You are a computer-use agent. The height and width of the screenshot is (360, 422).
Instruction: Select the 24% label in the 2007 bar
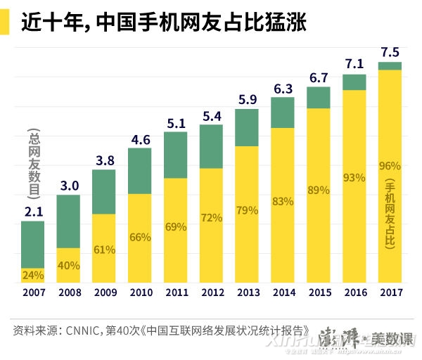tap(32, 275)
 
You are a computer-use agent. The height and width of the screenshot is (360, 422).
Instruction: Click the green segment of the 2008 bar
tap(68, 221)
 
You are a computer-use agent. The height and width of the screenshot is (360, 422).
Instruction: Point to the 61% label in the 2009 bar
tap(104, 250)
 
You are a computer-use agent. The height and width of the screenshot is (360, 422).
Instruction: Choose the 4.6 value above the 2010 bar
tap(140, 139)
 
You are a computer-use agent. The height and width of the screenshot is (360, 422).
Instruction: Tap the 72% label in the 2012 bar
tap(211, 217)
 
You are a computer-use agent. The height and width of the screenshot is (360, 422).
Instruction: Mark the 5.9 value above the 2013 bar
tap(247, 99)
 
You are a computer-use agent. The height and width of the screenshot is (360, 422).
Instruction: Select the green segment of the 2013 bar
tap(247, 127)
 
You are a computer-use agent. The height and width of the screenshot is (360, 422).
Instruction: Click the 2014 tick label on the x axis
tap(283, 292)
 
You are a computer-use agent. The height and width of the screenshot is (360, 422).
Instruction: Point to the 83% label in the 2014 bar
tap(283, 202)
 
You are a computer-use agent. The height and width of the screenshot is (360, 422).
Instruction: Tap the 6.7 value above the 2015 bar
tap(319, 77)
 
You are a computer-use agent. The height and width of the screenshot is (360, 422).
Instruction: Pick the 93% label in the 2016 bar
tap(354, 179)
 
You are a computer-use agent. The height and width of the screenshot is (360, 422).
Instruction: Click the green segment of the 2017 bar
tap(390, 66)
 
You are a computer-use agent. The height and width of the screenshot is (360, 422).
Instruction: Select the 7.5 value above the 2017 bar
tap(390, 52)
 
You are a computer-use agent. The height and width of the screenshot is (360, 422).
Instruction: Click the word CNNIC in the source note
tap(85, 330)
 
